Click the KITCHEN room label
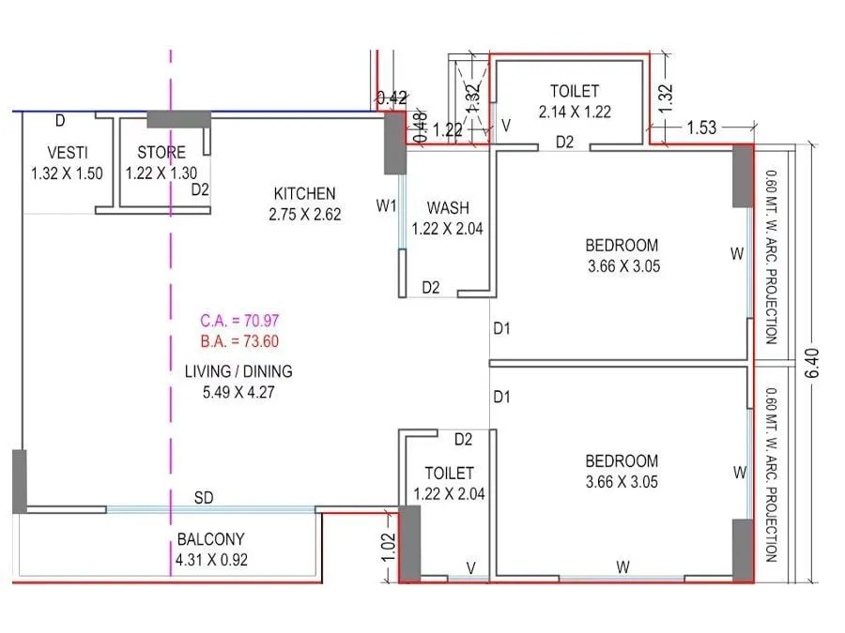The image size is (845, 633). [304, 194]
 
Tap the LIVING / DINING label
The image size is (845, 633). [238, 370]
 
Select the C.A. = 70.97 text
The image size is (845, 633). [239, 320]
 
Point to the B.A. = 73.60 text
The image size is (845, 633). [239, 340]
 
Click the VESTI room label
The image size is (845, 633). [67, 153]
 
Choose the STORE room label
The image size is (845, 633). [161, 153]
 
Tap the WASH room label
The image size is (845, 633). [449, 207]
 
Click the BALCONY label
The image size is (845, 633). [210, 539]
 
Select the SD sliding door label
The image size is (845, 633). [204, 497]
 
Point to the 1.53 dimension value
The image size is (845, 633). [703, 128]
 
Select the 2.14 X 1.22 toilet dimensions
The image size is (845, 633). [575, 112]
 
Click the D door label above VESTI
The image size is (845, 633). [60, 120]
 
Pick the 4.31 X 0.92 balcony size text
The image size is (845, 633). [210, 560]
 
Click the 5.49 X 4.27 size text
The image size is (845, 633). [238, 391]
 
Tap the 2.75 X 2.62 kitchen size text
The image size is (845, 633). [304, 214]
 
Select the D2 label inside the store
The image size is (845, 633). [199, 189]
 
